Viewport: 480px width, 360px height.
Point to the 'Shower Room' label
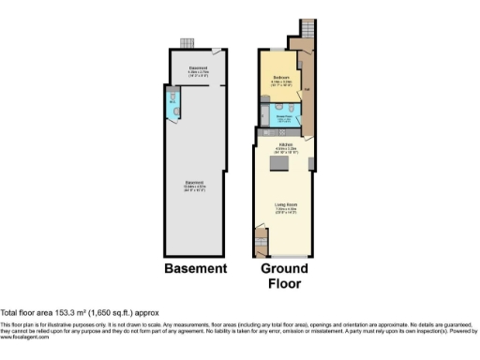pos(282,117)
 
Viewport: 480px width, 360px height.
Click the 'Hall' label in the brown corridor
pos(307,89)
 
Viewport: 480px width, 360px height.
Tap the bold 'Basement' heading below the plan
pos(195,269)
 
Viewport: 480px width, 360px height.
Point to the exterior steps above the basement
pos(186,42)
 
